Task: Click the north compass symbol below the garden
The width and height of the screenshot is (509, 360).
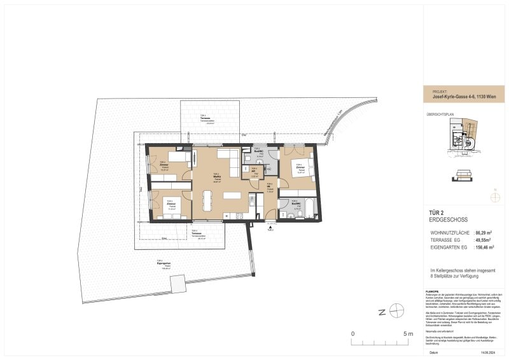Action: coord(397,311)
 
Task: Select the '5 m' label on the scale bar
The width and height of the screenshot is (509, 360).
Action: coord(408,333)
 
